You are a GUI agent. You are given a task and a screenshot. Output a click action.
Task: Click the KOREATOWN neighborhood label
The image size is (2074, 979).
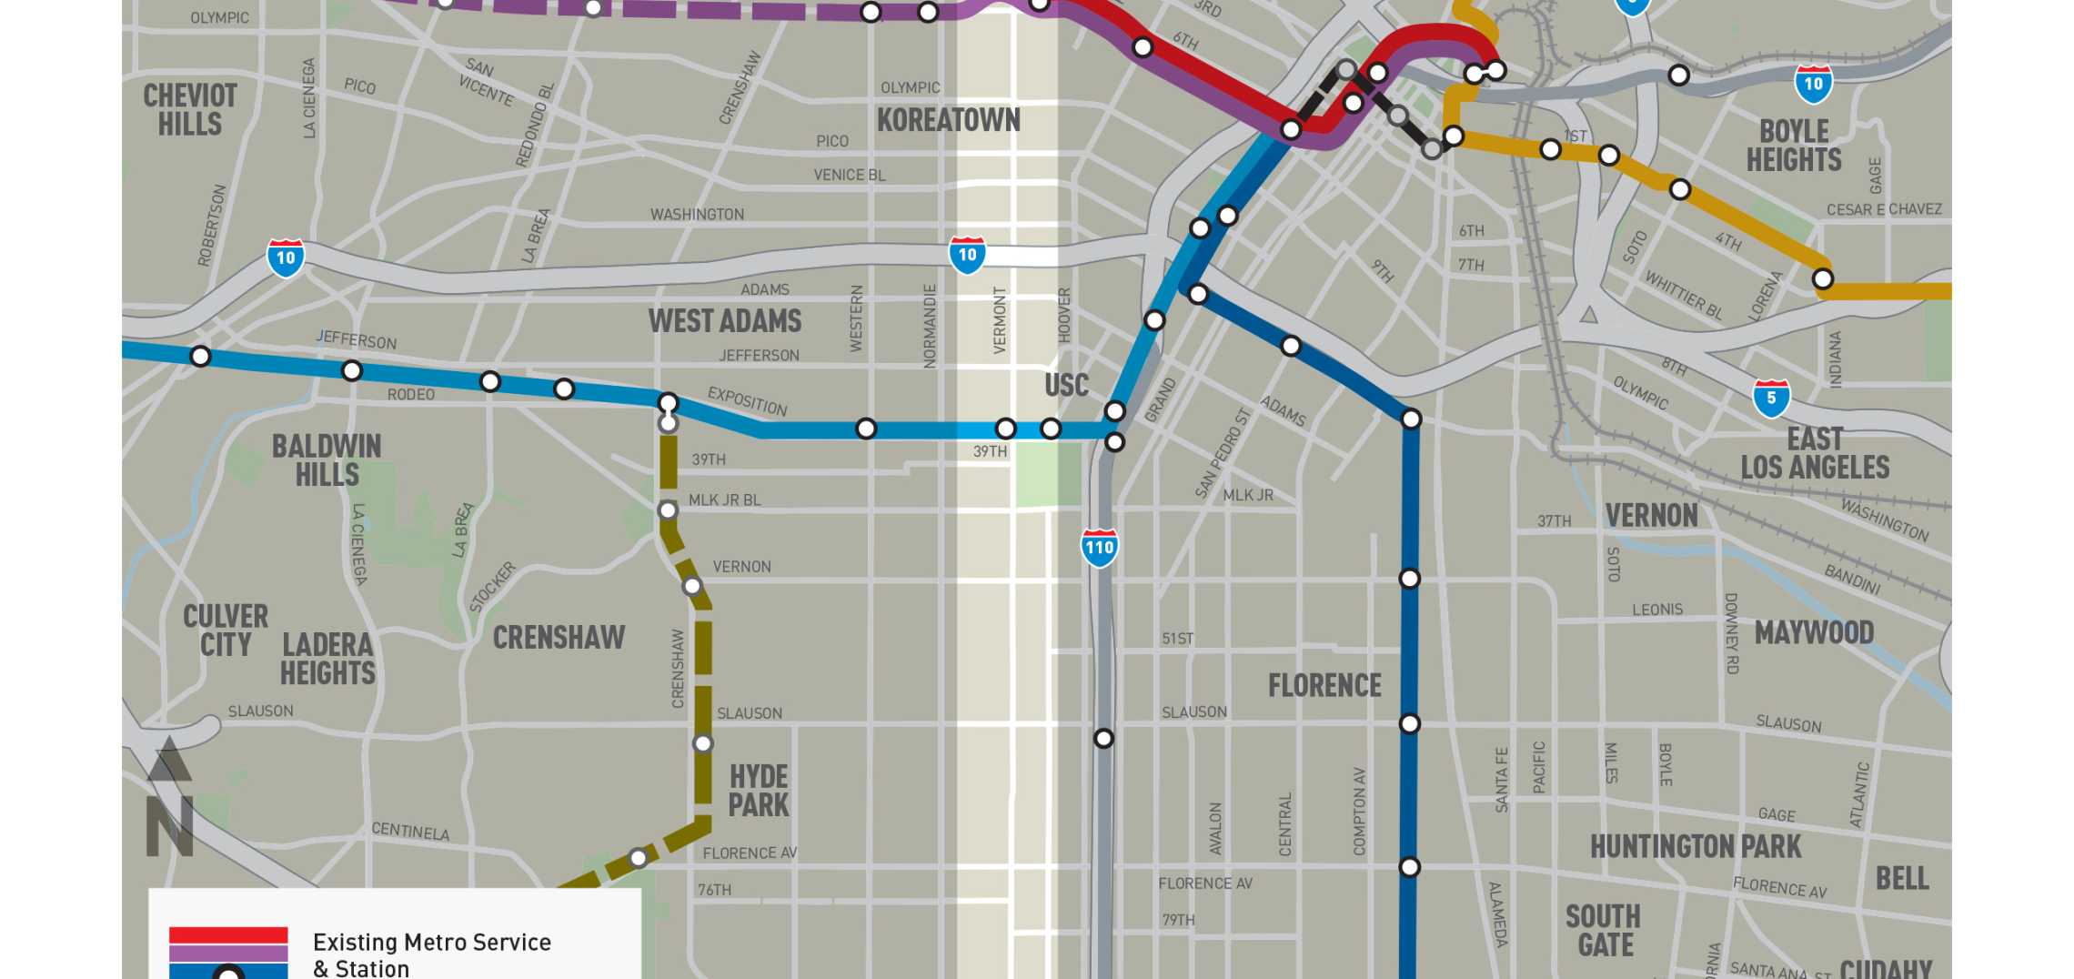pos(948,120)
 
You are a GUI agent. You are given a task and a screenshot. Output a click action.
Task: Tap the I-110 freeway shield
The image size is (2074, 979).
pos(1099,548)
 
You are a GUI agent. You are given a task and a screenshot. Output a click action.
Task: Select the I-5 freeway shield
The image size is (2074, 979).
pos(1770,399)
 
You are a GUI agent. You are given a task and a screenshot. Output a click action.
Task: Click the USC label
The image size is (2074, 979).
pos(1066,385)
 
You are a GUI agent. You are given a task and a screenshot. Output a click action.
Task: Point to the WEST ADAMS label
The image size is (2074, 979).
pos(725,321)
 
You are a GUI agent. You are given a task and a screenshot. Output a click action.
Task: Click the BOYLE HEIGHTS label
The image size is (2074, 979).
pos(1793,146)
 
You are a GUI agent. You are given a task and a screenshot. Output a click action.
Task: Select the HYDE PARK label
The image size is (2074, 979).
pos(759,791)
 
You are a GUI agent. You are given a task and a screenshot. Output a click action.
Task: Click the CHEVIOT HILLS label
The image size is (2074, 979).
pos(189,109)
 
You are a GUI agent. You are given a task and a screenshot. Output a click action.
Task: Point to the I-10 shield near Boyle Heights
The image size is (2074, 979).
pos(1813,84)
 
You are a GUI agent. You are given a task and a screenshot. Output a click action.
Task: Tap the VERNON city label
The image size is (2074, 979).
pos(1651,516)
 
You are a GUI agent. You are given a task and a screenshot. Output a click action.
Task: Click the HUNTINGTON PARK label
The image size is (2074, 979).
pos(1695,847)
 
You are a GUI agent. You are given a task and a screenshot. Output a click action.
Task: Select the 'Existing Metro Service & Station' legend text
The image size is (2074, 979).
pos(431,954)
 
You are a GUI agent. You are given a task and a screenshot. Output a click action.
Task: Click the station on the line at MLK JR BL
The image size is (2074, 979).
pos(668,510)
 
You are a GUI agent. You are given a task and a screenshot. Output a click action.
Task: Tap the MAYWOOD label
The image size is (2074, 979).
pos(1814,632)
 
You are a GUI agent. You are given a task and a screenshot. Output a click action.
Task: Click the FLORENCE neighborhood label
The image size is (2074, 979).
pos(1324,685)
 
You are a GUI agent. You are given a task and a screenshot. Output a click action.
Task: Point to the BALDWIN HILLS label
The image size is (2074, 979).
pos(327,460)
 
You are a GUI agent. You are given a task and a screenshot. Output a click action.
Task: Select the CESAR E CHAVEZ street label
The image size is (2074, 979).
pos(1884,209)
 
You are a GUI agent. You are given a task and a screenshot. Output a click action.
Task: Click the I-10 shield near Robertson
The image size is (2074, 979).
pos(286,257)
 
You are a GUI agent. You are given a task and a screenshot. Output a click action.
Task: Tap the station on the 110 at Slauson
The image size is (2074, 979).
pos(1103,738)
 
